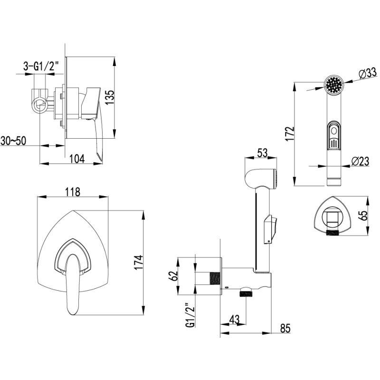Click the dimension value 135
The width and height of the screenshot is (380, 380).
pos(110,97)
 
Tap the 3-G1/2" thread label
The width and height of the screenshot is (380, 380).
pos(41,66)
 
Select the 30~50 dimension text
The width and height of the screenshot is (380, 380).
pos(13,141)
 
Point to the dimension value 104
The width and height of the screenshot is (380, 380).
pos(77,159)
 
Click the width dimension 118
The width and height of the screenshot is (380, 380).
pos(73,192)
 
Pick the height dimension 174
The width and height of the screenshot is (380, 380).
pos(139,263)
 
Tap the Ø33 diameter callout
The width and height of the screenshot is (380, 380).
pos(368,73)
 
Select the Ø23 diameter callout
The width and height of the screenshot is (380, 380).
pos(360,161)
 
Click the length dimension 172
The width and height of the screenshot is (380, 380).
pos(290,133)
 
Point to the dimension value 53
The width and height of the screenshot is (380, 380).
pos(263,153)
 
